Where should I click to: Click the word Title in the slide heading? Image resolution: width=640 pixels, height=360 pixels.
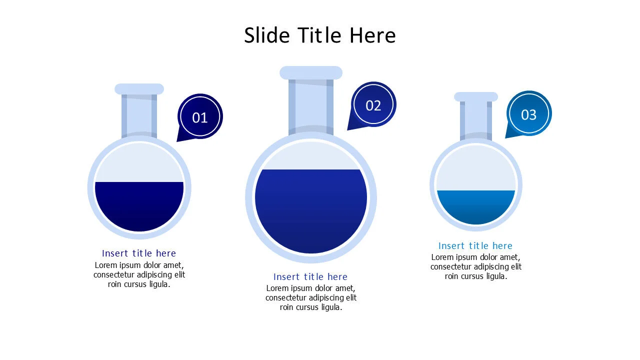[x=320, y=35]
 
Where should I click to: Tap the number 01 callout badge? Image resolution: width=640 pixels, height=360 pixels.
[x=200, y=117]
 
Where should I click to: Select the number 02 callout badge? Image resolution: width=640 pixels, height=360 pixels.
[x=373, y=105]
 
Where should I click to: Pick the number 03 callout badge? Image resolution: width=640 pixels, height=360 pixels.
[x=528, y=114]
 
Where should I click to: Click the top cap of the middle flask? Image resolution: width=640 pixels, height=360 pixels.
[x=310, y=72]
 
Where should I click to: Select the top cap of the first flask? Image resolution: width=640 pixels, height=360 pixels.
[x=139, y=89]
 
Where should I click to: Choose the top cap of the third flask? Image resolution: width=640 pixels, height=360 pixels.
[x=475, y=96]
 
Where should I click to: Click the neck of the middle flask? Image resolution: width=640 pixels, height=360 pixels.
[x=310, y=105]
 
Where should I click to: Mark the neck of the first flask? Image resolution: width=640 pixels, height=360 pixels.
[x=139, y=115]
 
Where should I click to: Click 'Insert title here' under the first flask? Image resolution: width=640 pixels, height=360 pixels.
[x=139, y=253]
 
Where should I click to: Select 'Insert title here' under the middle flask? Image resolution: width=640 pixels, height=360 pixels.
[x=310, y=277]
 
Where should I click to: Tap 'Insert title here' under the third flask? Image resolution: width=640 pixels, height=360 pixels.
[x=475, y=246]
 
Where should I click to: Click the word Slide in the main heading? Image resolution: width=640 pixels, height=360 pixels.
[x=267, y=35]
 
